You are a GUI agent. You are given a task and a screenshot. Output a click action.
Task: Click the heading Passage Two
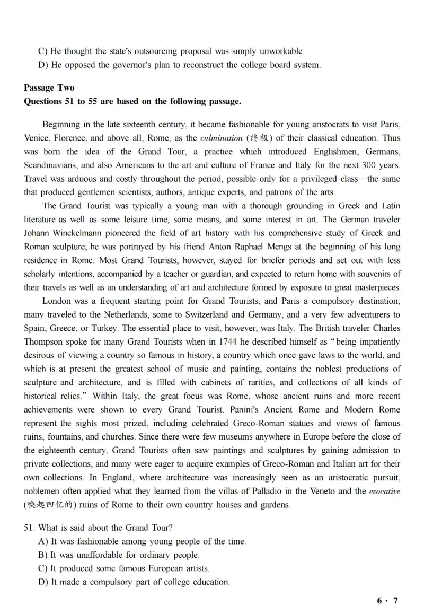[x=49, y=88]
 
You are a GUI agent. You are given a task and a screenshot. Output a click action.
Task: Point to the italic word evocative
[x=384, y=491]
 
